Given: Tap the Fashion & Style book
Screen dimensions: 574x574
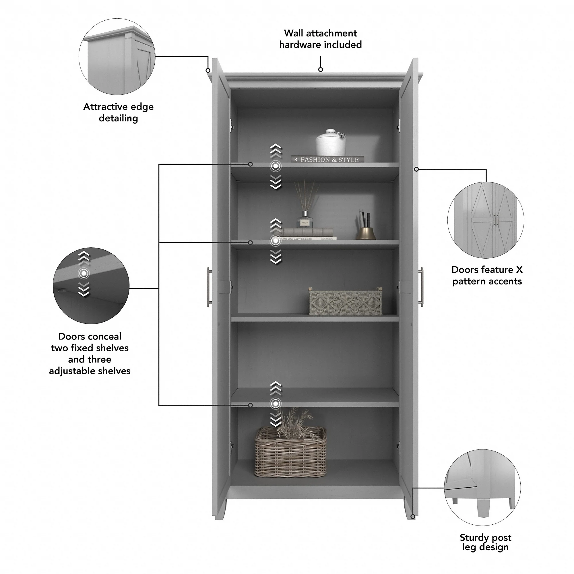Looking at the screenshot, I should pyautogui.click(x=328, y=160).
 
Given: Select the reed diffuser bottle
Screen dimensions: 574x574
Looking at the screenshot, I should pyautogui.click(x=305, y=219).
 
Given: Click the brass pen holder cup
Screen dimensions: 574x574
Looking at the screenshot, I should pyautogui.click(x=366, y=233).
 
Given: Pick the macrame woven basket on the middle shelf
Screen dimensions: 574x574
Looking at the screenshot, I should pyautogui.click(x=345, y=302).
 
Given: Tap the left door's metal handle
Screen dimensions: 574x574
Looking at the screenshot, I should pyautogui.click(x=209, y=287).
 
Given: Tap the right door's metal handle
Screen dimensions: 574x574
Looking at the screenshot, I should pyautogui.click(x=421, y=287).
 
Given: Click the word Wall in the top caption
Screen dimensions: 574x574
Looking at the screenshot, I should pyautogui.click(x=294, y=33).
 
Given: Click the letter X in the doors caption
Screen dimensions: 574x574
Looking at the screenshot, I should pyautogui.click(x=519, y=270).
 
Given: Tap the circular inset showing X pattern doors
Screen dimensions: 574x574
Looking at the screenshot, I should pyautogui.click(x=486, y=220).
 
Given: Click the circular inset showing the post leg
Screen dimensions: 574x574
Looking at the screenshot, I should pyautogui.click(x=482, y=487).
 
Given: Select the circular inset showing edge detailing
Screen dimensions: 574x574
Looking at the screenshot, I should pyautogui.click(x=117, y=57).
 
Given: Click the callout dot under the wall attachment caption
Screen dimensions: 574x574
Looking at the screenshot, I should pyautogui.click(x=321, y=69).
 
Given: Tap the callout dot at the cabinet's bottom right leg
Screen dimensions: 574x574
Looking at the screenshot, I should pyautogui.click(x=413, y=517).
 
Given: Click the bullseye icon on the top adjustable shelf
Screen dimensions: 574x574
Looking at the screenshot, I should pyautogui.click(x=276, y=166).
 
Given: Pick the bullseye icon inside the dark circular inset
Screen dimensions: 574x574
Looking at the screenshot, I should pyautogui.click(x=84, y=273).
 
